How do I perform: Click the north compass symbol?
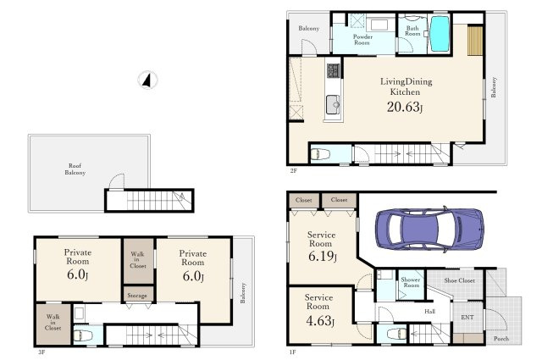[x=148, y=80]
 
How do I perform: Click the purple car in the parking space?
[x=429, y=228]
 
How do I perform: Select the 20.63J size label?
[x=405, y=107]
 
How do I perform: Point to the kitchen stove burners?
[x=334, y=70]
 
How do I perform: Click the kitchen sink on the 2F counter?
[x=333, y=104]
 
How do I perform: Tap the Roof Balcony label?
[x=75, y=169]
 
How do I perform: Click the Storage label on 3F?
[x=137, y=296]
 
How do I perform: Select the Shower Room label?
[x=411, y=282]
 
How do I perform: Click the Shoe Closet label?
[x=459, y=280]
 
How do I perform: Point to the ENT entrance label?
[x=467, y=317]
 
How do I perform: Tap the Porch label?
[x=501, y=339]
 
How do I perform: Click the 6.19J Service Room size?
[x=322, y=257]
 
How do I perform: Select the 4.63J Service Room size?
[x=320, y=321]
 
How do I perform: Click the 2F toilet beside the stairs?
[x=320, y=154]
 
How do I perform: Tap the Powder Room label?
[x=362, y=40]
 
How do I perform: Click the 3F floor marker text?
[x=41, y=352]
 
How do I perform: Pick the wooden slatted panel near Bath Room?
[x=475, y=41]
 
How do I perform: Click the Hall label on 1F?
[x=429, y=312]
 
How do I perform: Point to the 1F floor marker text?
[x=292, y=352]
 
